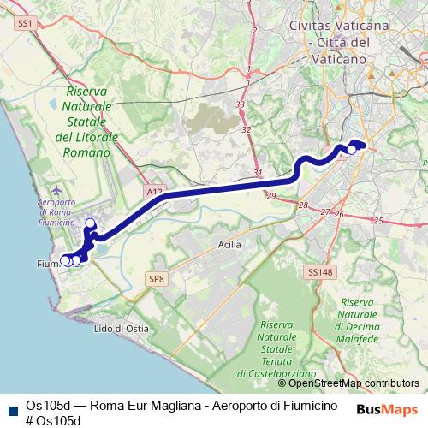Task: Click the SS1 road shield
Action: point(24,26)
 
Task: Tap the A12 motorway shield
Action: point(153,193)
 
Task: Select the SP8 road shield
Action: point(156,279)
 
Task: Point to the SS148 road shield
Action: point(318,272)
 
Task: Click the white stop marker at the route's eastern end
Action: point(351,150)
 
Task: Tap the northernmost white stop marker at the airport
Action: point(90,223)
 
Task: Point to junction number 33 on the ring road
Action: point(241,104)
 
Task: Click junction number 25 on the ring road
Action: point(378,220)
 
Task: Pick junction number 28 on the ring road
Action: point(303,205)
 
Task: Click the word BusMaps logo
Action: point(386,409)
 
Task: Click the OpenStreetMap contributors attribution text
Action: point(354,383)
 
